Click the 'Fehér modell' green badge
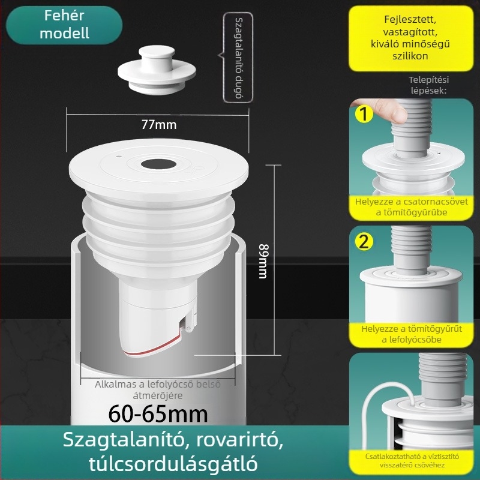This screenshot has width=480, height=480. pyautogui.click(x=64, y=25)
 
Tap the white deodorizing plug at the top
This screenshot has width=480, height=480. pyautogui.click(x=157, y=70)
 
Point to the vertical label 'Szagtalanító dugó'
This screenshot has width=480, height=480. pyautogui.click(x=238, y=58)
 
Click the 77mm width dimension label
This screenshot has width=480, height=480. pyautogui.click(x=159, y=125)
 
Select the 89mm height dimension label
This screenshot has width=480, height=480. pyautogui.click(x=263, y=261)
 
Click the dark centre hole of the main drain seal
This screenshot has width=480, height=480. pyautogui.click(x=158, y=164)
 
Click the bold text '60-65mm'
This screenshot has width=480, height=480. pyautogui.click(x=158, y=414)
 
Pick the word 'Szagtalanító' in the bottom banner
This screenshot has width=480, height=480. pyautogui.click(x=126, y=440)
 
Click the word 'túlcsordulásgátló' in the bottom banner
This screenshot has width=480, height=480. pyautogui.click(x=173, y=463)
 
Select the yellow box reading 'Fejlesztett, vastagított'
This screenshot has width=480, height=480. pyautogui.click(x=411, y=38)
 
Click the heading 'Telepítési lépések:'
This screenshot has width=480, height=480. pyautogui.click(x=428, y=85)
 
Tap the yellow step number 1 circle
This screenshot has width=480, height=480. pyautogui.click(x=364, y=114)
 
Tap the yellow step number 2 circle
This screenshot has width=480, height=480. pyautogui.click(x=364, y=242)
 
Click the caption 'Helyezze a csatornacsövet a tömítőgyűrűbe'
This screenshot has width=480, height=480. pyautogui.click(x=412, y=207)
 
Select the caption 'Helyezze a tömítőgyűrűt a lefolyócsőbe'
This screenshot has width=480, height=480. pyautogui.click(x=412, y=334)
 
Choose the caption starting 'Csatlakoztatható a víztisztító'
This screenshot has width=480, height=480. pyautogui.click(x=412, y=461)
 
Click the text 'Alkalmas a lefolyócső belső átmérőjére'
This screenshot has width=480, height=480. pyautogui.click(x=158, y=389)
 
